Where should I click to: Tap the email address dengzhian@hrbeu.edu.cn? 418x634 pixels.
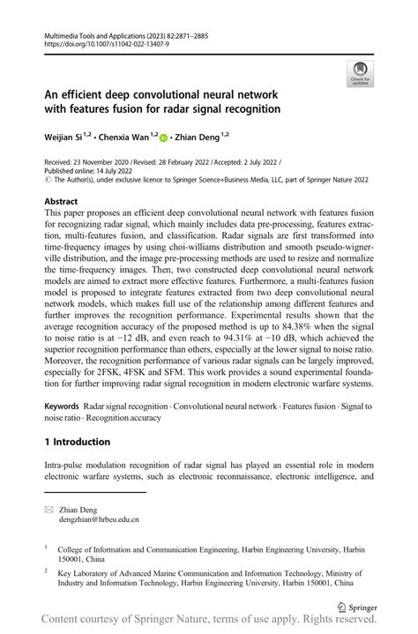[x=99, y=520]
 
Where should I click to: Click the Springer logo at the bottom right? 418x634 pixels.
[x=356, y=608]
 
